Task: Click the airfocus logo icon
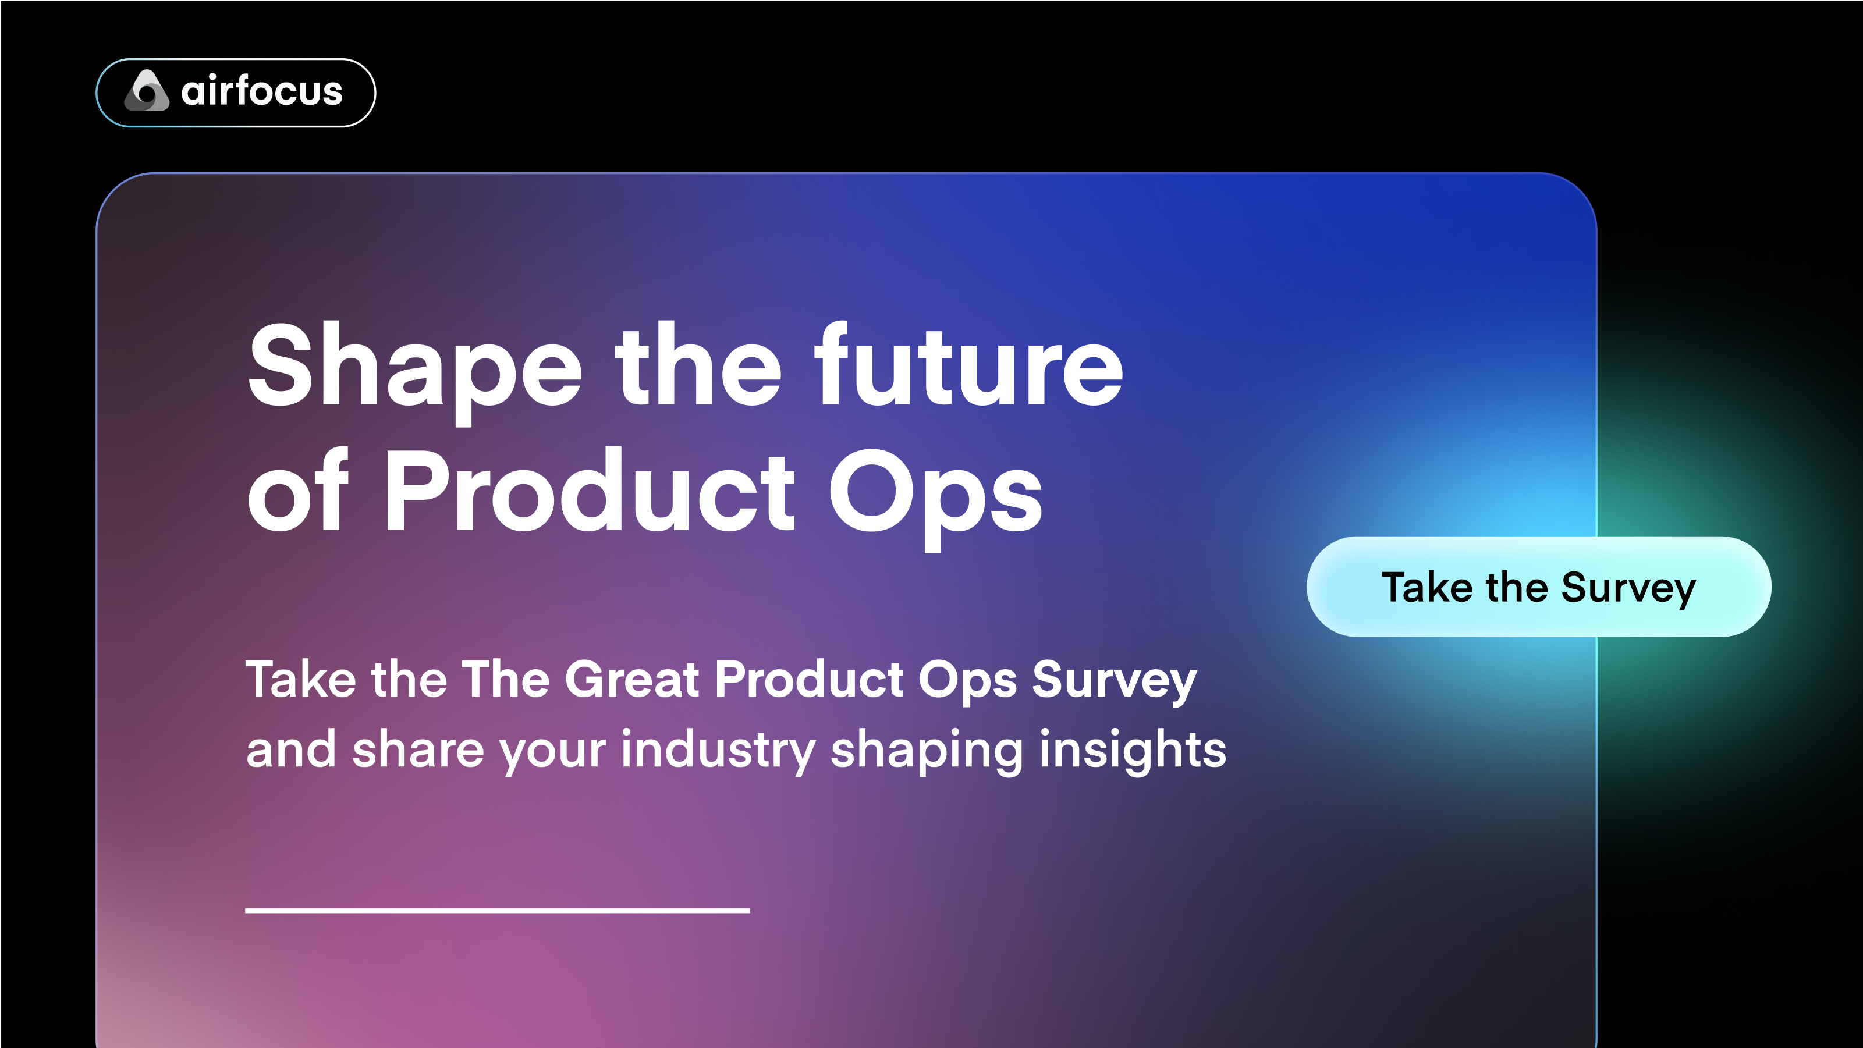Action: point(147,91)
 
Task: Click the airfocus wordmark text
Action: point(262,91)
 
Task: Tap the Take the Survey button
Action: point(1538,587)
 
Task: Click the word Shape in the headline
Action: point(414,367)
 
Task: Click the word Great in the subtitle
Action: point(632,680)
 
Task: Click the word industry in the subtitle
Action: point(719,750)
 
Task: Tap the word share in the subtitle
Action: point(418,750)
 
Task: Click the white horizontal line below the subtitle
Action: point(497,911)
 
